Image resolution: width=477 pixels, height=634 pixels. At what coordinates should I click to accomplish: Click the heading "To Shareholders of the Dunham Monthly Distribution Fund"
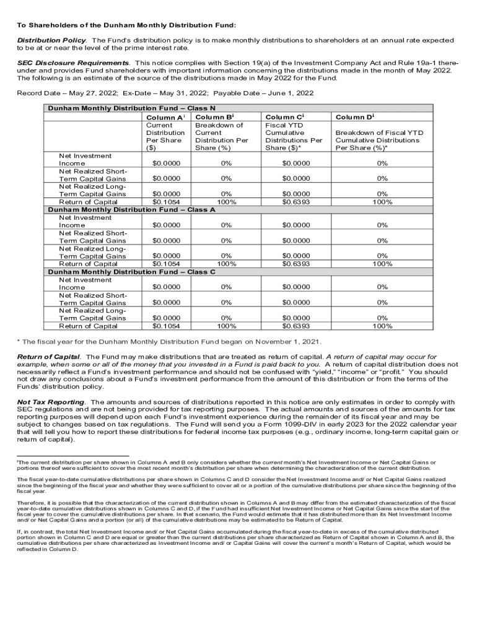(x=126, y=25)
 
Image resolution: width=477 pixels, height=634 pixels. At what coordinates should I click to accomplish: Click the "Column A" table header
(x=164, y=116)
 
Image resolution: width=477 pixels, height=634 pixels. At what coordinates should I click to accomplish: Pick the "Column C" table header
(x=285, y=116)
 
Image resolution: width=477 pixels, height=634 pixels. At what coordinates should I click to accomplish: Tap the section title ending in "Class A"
(x=131, y=210)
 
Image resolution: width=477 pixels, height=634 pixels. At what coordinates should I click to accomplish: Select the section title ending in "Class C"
(x=131, y=272)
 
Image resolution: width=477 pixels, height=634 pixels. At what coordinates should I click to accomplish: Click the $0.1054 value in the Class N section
(x=166, y=202)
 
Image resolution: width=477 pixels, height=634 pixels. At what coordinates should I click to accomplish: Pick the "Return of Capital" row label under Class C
(x=88, y=326)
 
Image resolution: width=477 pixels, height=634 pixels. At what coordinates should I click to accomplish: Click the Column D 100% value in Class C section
(x=382, y=326)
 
